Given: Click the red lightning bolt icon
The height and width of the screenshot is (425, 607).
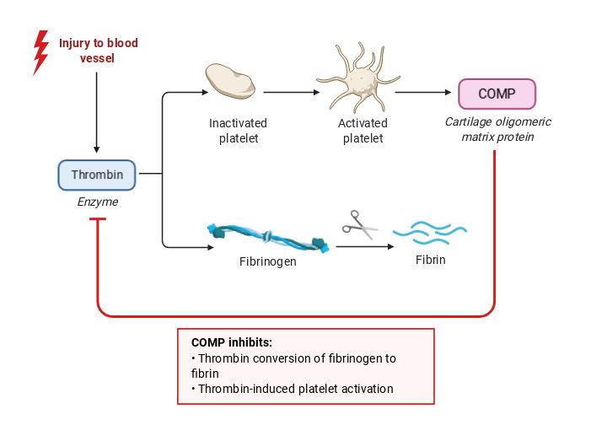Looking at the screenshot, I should click(x=40, y=52).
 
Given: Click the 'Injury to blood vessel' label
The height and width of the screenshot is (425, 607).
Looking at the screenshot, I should click(x=98, y=51).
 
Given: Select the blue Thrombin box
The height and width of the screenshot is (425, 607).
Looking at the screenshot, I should click(x=97, y=175).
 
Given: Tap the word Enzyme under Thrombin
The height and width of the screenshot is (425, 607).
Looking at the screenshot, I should click(x=98, y=202).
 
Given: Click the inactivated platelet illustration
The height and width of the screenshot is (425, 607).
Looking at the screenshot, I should click(x=230, y=81).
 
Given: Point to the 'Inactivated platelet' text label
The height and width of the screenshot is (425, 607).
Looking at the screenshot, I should click(x=238, y=131).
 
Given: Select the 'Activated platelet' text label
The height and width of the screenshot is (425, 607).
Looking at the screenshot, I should click(x=363, y=131).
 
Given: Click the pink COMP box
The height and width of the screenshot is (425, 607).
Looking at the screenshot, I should click(x=497, y=94).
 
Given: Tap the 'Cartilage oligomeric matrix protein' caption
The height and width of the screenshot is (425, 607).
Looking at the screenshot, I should click(x=490, y=128).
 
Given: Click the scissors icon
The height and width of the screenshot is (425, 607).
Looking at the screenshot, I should click(x=360, y=223).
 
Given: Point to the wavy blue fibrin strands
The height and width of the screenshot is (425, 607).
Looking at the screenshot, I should click(x=430, y=232).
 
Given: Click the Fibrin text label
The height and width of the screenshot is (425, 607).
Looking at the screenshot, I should click(x=430, y=260).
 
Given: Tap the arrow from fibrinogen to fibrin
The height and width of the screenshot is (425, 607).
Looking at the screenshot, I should click(x=364, y=246).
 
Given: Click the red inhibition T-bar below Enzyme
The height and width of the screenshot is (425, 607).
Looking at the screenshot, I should click(x=98, y=220).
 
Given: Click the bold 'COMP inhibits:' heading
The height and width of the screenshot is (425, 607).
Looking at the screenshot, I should click(x=232, y=342).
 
